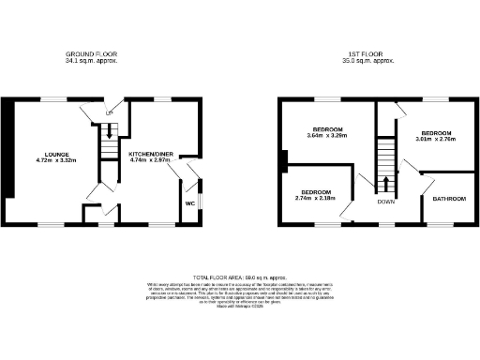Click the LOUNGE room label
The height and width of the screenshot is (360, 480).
click(54, 154)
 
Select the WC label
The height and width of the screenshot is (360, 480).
click(188, 202)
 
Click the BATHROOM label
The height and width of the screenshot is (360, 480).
click(447, 199)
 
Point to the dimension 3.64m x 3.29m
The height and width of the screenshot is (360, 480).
click(327, 136)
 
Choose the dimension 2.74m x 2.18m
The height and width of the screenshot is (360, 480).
click(314, 198)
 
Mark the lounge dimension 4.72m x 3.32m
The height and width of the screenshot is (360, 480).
click(54, 160)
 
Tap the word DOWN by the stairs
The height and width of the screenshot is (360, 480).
click(386, 201)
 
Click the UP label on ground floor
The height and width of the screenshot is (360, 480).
click(109, 113)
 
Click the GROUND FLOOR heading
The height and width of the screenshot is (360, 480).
click(90, 55)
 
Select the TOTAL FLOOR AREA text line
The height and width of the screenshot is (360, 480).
click(239, 278)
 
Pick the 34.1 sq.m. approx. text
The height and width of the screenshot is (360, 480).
click(90, 63)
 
